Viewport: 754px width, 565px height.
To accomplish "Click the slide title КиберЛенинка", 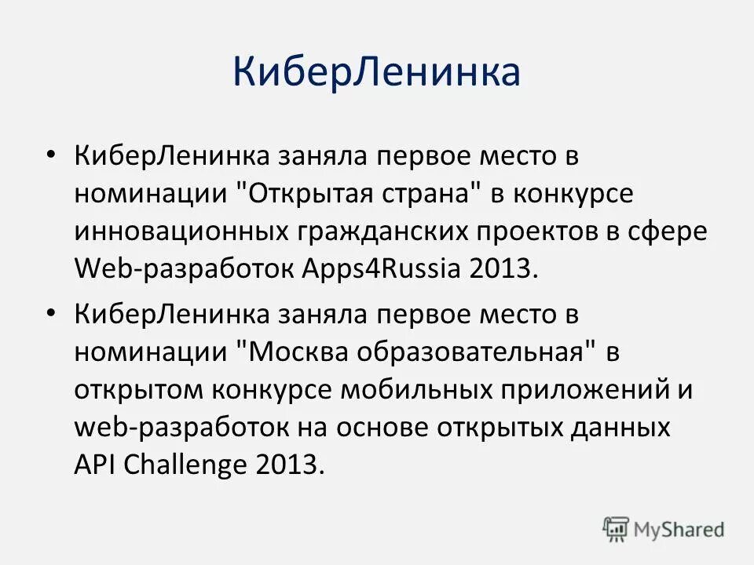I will pos(376,72).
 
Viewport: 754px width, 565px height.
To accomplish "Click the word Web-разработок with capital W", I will pos(185,268).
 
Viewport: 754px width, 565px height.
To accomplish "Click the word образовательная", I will pos(474,352).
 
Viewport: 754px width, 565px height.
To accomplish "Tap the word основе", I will pos(382,428).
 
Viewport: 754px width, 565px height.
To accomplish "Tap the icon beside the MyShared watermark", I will pos(617,529).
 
